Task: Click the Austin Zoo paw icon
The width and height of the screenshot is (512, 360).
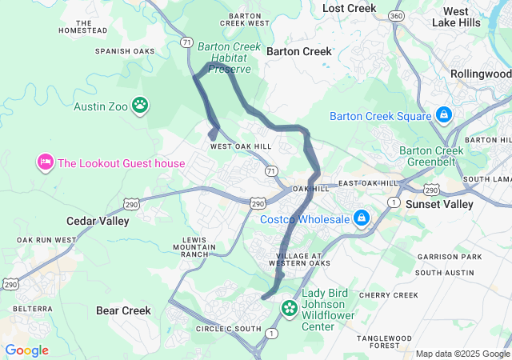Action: (141, 105)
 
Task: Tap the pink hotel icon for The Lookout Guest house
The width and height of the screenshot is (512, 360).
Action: (45, 163)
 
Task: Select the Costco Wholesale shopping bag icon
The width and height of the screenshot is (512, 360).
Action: (362, 218)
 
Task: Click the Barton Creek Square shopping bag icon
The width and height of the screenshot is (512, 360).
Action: (443, 116)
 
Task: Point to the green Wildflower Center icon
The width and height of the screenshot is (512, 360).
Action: (290, 307)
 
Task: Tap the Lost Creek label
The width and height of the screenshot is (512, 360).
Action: (349, 8)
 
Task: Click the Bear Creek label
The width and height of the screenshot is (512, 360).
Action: (123, 310)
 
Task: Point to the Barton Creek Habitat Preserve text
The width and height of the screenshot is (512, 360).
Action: (229, 58)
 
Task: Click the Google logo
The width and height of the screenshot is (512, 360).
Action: (26, 350)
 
